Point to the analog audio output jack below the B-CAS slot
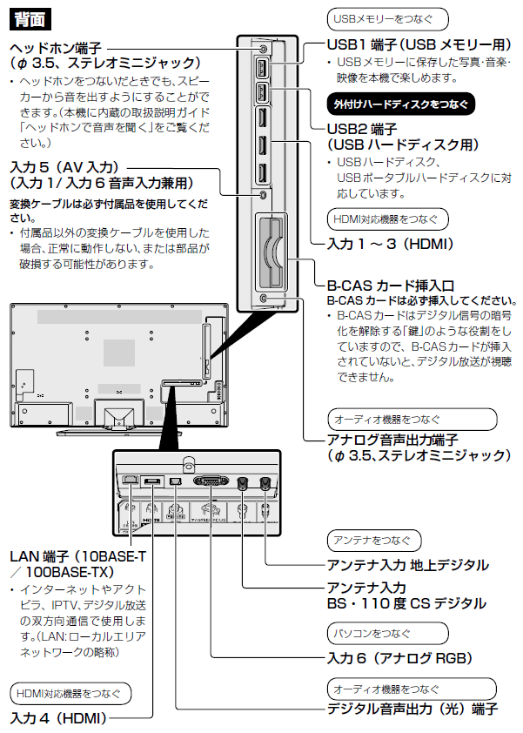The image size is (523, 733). tap(264, 298)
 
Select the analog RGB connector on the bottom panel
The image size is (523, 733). tap(210, 480)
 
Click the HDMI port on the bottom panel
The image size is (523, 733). tap(152, 481)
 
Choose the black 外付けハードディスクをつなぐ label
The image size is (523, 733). tap(401, 104)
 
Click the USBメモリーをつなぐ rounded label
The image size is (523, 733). tap(388, 18)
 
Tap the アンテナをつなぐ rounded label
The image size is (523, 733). tap(375, 541)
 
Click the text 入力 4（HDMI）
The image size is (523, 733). tap(57, 719)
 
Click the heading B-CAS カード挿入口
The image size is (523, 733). tap(390, 285)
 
